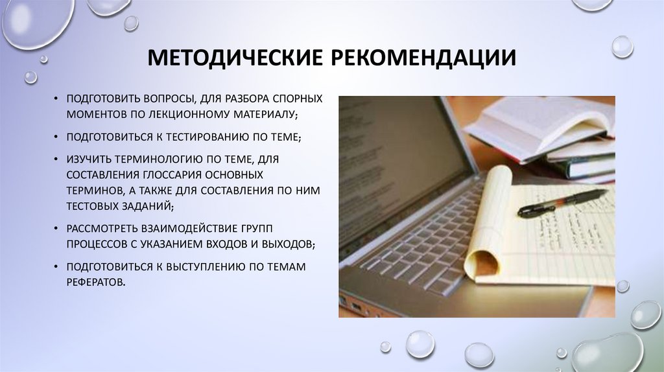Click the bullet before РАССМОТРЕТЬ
[57, 229]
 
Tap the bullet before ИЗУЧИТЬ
[57, 159]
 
